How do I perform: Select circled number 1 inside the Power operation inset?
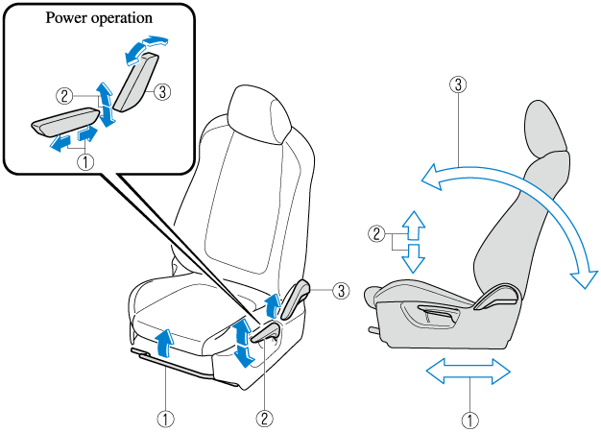pyautogui.click(x=86, y=162)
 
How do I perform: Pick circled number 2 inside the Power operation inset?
pyautogui.click(x=64, y=95)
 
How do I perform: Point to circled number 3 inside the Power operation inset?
pyautogui.click(x=163, y=92)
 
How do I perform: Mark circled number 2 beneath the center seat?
pyautogui.click(x=264, y=418)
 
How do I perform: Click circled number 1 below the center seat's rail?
pyautogui.click(x=165, y=418)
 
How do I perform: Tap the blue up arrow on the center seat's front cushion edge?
pyautogui.click(x=165, y=341)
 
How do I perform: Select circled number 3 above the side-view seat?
pyautogui.click(x=459, y=84)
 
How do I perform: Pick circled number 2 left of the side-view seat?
pyautogui.click(x=378, y=231)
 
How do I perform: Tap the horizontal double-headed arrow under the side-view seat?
pyautogui.click(x=469, y=372)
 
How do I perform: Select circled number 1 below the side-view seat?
pyautogui.click(x=469, y=419)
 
